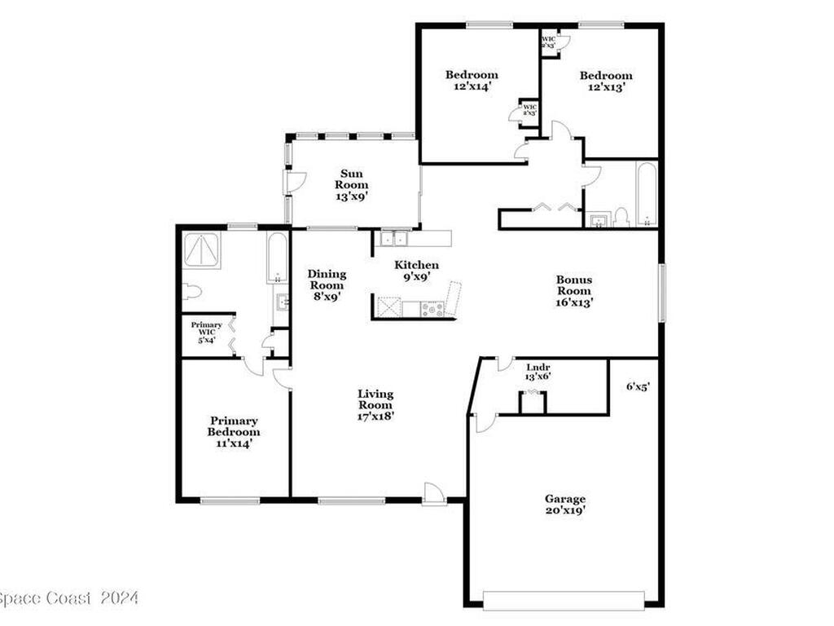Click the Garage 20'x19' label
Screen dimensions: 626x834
(565, 505)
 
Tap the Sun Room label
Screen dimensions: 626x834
(353, 184)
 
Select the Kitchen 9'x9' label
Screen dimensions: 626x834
(416, 271)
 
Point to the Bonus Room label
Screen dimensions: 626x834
(573, 290)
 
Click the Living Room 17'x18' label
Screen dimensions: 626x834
(375, 405)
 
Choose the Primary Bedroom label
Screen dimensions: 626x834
(233, 432)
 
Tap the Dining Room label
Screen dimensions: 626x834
(326, 285)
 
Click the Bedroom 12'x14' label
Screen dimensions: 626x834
(471, 81)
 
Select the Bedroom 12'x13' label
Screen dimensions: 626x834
(606, 82)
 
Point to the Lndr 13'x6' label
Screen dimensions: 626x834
(539, 372)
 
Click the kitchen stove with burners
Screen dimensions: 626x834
(431, 308)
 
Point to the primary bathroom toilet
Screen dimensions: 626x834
(192, 291)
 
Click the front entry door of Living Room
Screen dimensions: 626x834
(434, 494)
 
